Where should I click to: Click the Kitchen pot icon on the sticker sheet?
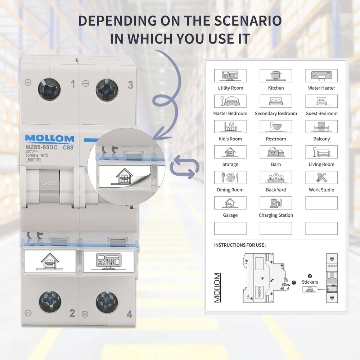(276, 76)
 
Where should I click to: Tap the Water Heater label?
(321, 88)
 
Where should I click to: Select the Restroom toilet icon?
(276, 126)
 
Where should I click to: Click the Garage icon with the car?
(230, 203)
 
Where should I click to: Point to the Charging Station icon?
(276, 203)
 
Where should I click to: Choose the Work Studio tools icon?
(321, 177)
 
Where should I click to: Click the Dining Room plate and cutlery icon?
(230, 177)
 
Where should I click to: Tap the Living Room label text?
(321, 165)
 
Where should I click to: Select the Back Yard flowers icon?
(276, 177)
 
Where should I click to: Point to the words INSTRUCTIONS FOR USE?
(240, 245)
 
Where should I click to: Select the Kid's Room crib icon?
(230, 126)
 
